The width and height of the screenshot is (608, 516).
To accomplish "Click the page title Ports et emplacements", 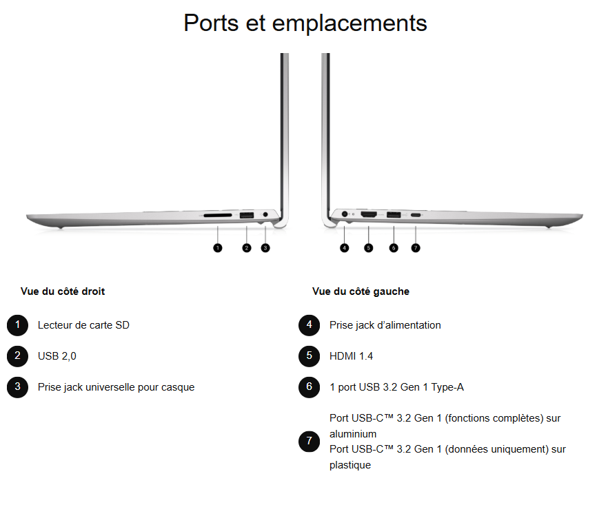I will coord(305,23).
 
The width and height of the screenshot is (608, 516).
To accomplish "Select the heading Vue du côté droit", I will coord(63,291).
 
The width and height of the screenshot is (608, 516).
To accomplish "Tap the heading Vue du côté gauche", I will coord(361,291).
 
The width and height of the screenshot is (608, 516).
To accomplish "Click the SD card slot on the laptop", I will coord(217,216).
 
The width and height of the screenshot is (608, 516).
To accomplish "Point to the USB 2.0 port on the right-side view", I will coord(246,216).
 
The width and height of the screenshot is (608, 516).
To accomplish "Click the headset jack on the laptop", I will coord(265,216).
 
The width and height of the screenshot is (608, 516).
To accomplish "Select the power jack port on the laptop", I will coord(345,216).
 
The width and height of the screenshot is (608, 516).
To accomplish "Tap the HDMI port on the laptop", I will coord(369,216).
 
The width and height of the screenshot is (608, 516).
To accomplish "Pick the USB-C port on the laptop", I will coord(416,216).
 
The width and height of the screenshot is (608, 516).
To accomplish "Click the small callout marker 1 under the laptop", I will coord(218,247).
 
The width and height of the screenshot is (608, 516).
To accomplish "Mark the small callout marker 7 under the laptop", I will coord(416,247).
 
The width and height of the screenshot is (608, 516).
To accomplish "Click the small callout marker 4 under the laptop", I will coord(345,247).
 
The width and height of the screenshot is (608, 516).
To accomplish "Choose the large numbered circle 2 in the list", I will coord(17,356).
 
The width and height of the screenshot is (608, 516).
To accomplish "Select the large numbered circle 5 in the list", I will coord(310,356).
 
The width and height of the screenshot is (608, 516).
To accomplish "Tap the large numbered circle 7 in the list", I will coord(310,442).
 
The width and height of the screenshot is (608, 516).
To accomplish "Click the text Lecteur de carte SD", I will coord(83,325).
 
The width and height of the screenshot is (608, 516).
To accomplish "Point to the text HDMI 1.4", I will coord(351,356).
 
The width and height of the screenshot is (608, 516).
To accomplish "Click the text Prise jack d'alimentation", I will coord(385,325).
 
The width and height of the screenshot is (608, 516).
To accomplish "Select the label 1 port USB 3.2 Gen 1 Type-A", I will coord(396,387).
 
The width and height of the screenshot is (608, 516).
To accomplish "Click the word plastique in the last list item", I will coord(350,465).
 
